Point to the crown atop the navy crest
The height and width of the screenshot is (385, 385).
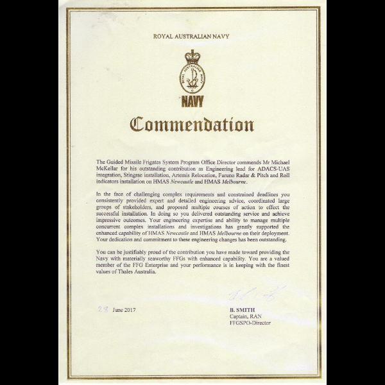[193, 56]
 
